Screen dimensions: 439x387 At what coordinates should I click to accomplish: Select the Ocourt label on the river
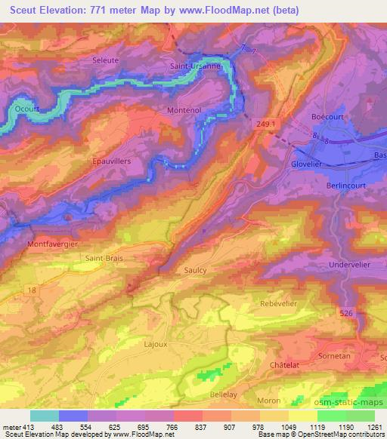click(27, 109)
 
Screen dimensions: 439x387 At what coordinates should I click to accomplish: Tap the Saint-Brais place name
click(104, 258)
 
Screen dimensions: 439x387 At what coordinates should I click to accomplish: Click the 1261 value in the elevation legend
click(373, 427)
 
